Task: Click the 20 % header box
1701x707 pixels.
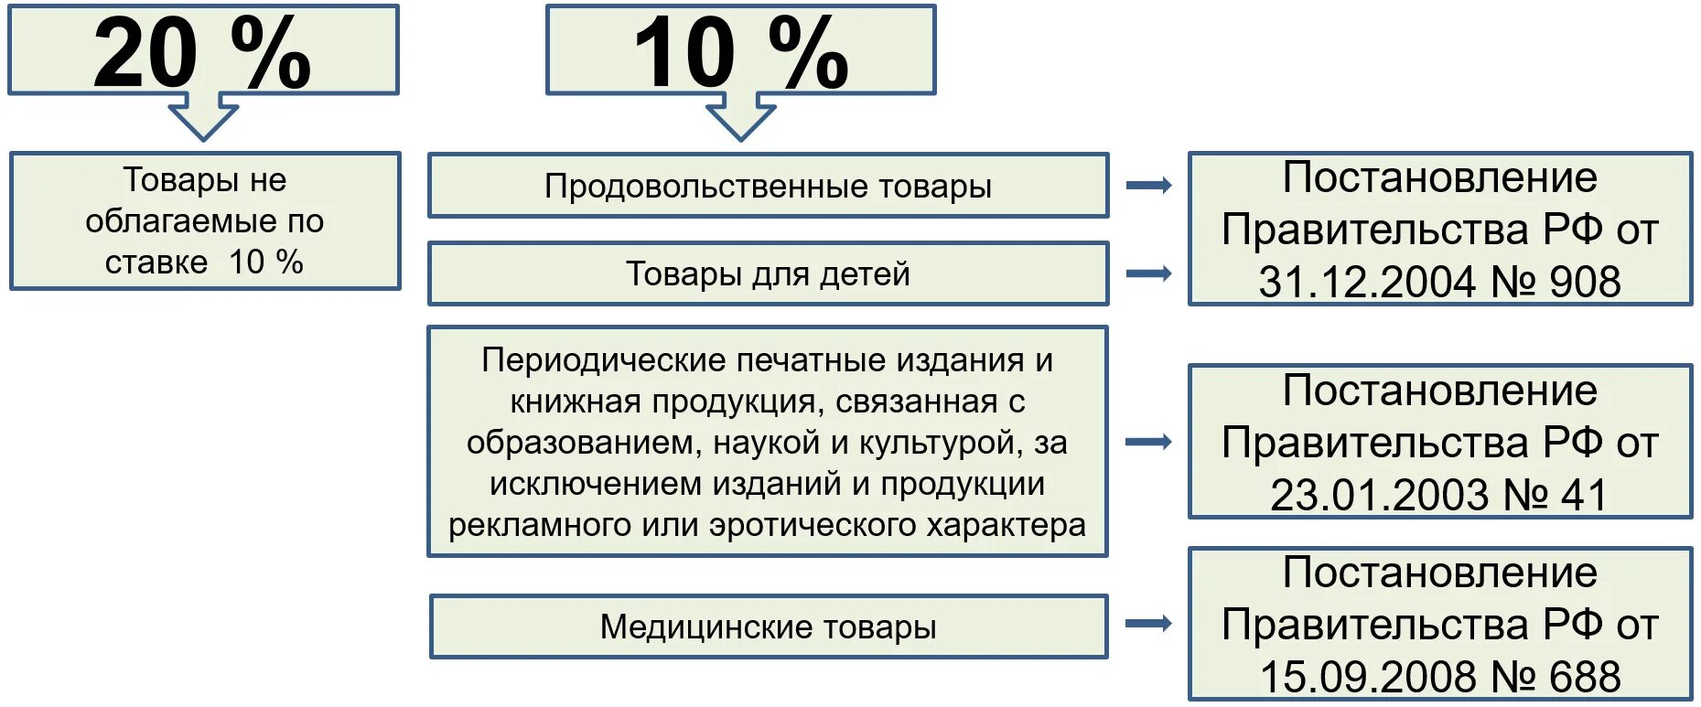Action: [x=203, y=50]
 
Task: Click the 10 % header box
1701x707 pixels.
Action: [x=740, y=50]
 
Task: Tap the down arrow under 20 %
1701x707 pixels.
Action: [x=203, y=117]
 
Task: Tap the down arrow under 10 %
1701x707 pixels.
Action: [x=740, y=117]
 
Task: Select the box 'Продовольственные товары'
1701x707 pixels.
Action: [x=768, y=186]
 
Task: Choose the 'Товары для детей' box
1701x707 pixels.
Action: [x=768, y=273]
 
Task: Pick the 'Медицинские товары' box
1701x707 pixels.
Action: [x=768, y=627]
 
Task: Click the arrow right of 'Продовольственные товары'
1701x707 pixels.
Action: [x=1148, y=186]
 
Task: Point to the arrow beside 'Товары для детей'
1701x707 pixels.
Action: [x=1148, y=273]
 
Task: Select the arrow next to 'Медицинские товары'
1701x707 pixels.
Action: [x=1148, y=624]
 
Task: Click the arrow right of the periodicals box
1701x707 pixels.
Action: [x=1148, y=443]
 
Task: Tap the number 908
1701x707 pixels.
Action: [x=1585, y=282]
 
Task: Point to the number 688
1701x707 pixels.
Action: [x=1585, y=678]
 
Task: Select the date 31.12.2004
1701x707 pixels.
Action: [x=1367, y=282]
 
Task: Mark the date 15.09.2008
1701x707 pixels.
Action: [x=1367, y=678]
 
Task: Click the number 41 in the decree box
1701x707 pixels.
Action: [x=1584, y=496]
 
